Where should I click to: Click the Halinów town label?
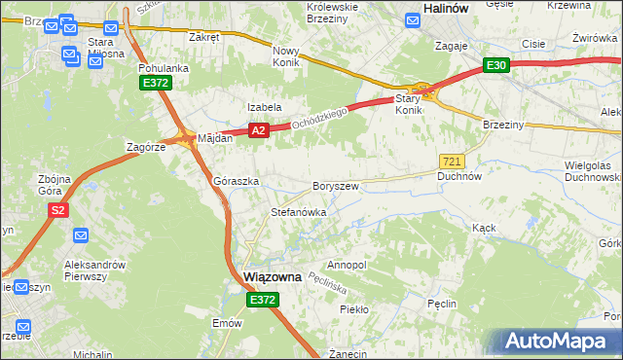coord(448,8)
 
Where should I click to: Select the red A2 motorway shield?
coord(257,129)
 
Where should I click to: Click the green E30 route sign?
coord(496,65)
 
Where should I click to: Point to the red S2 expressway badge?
coord(58,209)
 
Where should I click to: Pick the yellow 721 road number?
coord(452,161)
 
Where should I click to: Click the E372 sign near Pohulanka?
coord(155,84)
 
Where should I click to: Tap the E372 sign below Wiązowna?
coord(262,301)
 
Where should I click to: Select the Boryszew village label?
coord(337,186)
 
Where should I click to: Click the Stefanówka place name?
coord(298,211)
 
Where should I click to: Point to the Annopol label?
coord(347,265)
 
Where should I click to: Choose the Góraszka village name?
coord(236,182)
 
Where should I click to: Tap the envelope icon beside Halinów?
coord(410,16)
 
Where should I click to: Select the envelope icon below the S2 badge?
coord(81,235)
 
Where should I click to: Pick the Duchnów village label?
coord(459,177)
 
